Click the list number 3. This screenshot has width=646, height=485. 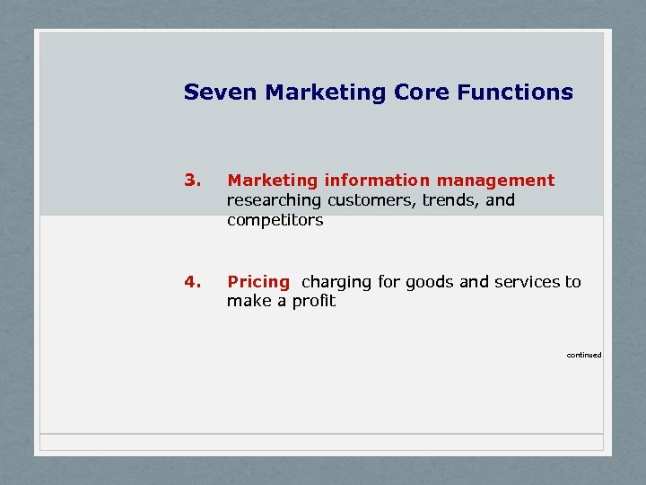coord(190,181)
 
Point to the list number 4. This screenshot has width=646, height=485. coord(190,282)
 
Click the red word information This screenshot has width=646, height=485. coord(379,181)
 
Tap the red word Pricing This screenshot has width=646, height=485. coord(258,282)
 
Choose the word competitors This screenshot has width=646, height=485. coord(275,220)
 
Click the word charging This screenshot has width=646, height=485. coord(336,282)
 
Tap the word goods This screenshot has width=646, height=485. coord(430,282)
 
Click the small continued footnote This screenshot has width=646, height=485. coord(584,355)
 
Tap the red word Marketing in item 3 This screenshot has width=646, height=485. coord(272,181)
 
